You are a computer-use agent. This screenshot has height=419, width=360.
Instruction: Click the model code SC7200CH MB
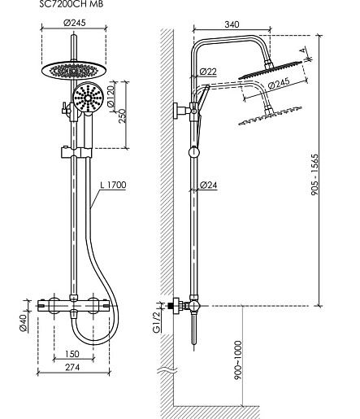pos(72,4)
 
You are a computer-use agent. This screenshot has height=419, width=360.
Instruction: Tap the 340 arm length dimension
pos(232,24)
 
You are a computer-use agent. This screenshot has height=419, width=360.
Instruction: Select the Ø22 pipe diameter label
pos(208,72)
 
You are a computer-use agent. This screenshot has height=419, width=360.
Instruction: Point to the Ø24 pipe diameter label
pos(208,185)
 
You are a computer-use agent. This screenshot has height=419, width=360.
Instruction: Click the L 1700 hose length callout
pos(113,185)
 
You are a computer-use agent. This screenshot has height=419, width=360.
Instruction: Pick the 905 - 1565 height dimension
pos(314,175)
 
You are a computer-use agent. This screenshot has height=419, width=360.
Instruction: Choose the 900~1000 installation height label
pos(237,360)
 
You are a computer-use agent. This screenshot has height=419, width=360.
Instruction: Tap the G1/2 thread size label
pos(156,322)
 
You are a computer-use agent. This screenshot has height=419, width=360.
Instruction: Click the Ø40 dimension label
pos(24,322)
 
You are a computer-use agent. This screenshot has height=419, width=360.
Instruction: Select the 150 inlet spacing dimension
pos(72,354)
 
